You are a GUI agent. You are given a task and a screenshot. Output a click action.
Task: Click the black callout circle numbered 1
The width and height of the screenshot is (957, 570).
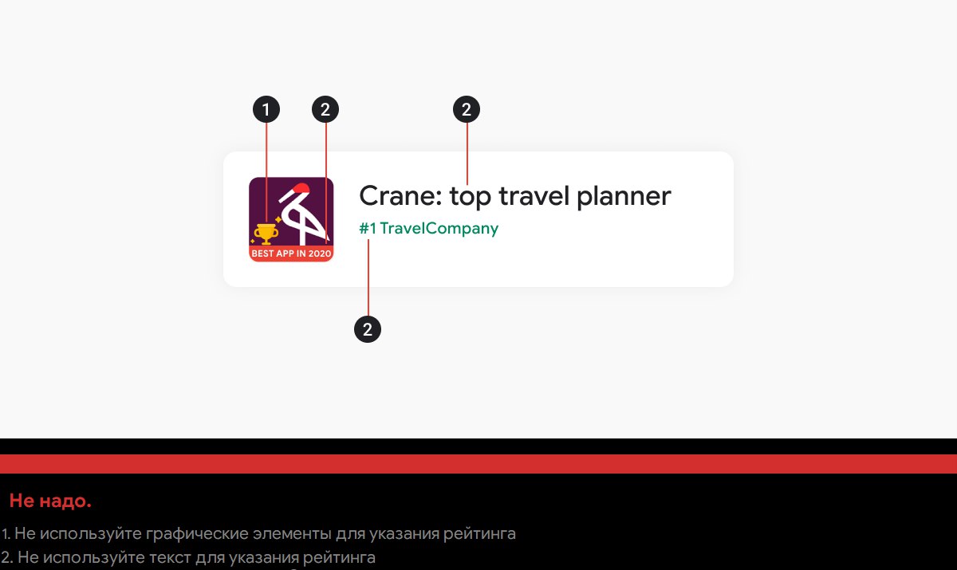click(266, 109)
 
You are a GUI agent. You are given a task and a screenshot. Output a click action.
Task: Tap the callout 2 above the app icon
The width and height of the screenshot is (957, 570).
click(325, 109)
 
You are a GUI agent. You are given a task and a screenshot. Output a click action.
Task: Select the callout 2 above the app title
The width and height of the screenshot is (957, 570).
click(467, 109)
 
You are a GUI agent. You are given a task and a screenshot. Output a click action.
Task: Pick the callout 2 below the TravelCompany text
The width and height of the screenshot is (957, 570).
click(368, 329)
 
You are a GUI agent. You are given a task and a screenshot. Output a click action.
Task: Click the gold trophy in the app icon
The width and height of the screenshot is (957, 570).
click(266, 234)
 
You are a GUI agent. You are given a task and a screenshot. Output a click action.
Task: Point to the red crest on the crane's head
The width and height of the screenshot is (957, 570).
click(301, 188)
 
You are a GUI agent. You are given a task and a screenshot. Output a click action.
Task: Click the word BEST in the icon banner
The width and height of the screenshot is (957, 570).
click(261, 254)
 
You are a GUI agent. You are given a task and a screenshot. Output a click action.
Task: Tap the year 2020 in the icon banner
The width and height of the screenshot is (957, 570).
click(320, 254)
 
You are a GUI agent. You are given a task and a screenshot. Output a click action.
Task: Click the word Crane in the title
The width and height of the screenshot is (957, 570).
click(400, 196)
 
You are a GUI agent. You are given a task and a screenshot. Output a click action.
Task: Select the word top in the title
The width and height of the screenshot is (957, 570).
click(471, 198)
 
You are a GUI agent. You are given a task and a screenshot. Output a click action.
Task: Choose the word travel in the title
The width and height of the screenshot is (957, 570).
click(534, 196)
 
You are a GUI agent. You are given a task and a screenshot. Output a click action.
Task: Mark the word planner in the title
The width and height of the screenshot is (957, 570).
click(624, 198)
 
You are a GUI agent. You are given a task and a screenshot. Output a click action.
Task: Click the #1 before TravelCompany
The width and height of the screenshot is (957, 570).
click(368, 229)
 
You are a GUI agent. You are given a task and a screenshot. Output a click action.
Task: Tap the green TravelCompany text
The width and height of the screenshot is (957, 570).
click(439, 229)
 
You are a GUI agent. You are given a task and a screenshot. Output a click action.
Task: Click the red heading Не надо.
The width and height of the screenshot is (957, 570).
click(50, 501)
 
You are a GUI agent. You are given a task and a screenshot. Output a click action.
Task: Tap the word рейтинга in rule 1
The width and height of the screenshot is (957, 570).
click(479, 533)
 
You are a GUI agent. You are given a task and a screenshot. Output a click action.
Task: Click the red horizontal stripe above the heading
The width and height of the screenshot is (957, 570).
click(478, 464)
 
